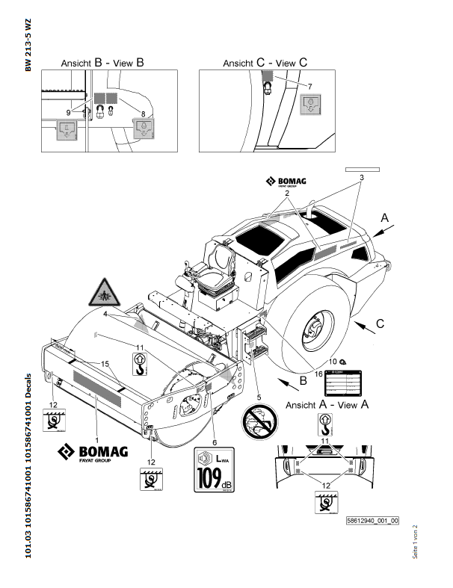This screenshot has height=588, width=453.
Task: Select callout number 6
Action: point(214,442)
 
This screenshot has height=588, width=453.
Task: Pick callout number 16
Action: point(318,373)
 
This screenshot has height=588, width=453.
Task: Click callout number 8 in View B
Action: point(143,112)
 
